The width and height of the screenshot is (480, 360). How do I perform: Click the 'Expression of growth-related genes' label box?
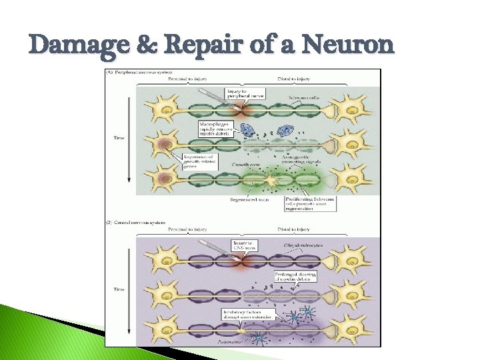[x=197, y=161]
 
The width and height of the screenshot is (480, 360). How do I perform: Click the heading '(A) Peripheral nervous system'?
[x=137, y=71]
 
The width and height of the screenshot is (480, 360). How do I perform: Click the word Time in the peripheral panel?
[x=117, y=139]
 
